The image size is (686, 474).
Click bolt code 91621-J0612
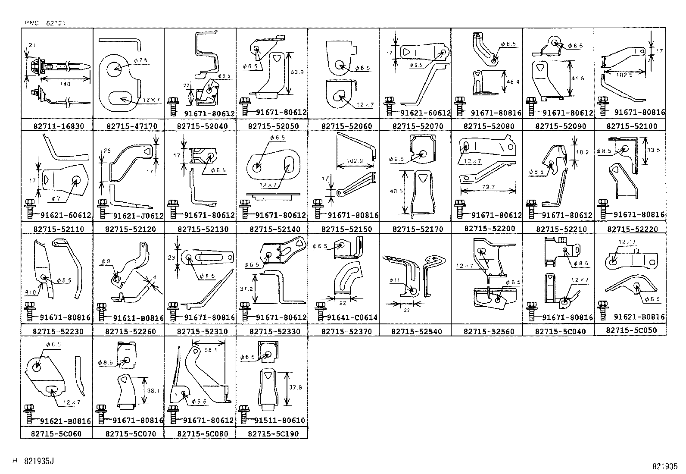click(x=138, y=216)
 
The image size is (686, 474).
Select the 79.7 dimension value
click(x=488, y=187)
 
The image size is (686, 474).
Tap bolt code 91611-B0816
click(x=138, y=318)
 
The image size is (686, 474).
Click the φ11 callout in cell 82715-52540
click(x=394, y=280)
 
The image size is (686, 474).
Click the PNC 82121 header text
click(x=45, y=22)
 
